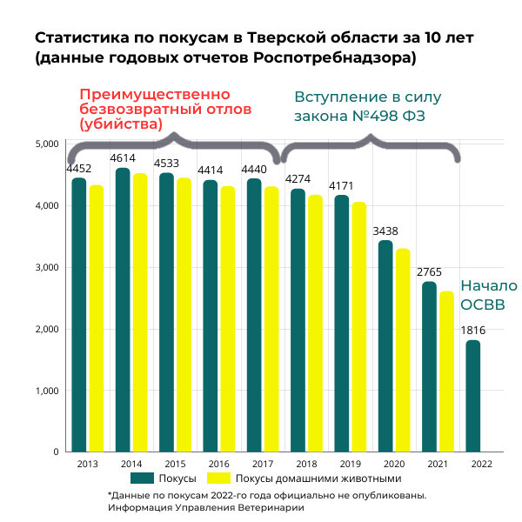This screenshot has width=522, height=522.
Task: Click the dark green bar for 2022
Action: click(x=472, y=396)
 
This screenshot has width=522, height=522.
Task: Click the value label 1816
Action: click(x=472, y=331)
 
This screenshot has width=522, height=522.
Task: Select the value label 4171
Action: click(x=341, y=186)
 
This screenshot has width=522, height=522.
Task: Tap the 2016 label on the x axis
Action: click(x=218, y=465)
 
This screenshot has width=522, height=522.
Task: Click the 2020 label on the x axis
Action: click(x=393, y=465)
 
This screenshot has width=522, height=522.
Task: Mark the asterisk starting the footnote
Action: click(x=110, y=494)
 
